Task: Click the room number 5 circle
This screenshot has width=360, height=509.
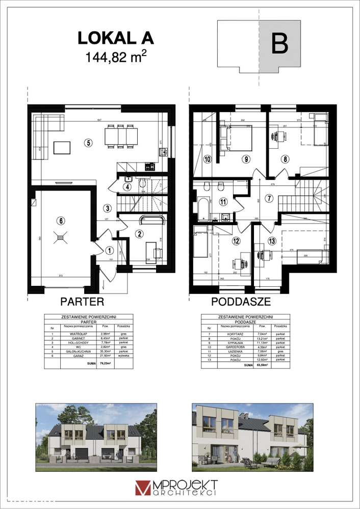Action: tap(88, 143)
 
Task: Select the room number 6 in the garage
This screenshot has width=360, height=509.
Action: tap(61, 221)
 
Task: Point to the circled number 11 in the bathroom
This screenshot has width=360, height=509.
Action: tap(222, 202)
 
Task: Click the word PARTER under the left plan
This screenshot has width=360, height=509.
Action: tap(82, 301)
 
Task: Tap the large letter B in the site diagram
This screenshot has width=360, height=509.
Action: tap(279, 44)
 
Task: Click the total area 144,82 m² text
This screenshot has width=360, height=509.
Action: tap(115, 56)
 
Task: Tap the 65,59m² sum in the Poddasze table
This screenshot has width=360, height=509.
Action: tap(261, 365)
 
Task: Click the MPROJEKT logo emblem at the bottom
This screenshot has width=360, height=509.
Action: tap(143, 488)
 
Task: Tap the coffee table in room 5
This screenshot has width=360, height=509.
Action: tap(62, 148)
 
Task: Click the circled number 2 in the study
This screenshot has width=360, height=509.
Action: tap(138, 234)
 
